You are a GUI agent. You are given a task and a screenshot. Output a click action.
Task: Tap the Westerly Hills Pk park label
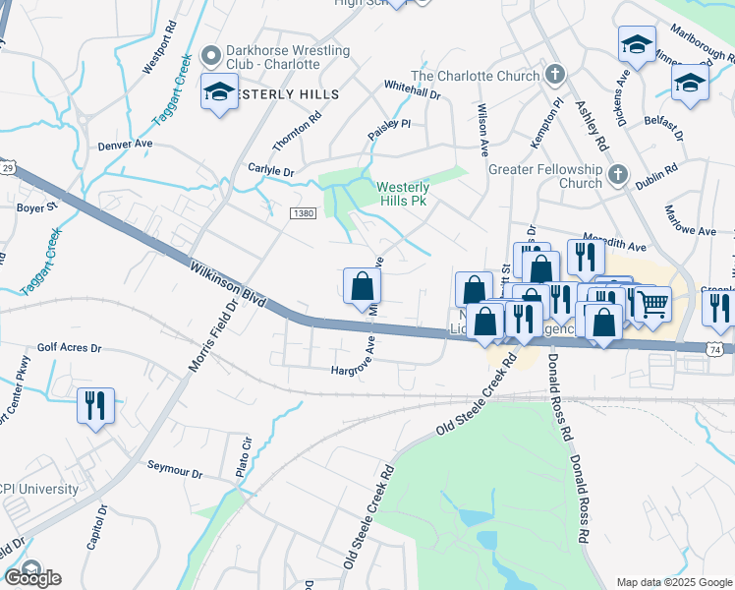tap(403, 196)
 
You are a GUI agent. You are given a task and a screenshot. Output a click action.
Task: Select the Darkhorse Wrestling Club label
tap(273, 57)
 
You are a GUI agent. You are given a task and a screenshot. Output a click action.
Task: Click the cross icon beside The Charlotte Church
tap(555, 75)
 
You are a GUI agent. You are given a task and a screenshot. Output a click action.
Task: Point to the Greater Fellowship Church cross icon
tap(617, 175)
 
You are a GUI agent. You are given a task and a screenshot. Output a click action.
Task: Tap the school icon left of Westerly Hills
tap(217, 92)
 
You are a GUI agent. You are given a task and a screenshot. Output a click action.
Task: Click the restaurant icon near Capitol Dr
tap(95, 405)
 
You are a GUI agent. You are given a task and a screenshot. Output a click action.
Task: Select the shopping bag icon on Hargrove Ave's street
tap(362, 286)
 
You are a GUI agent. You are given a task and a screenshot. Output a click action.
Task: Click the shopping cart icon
tap(651, 303)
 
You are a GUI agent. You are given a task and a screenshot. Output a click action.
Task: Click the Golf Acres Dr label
tap(69, 347)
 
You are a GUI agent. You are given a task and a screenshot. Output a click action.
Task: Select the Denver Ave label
tap(126, 144)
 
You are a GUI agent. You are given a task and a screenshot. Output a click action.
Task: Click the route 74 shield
tap(716, 348)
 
